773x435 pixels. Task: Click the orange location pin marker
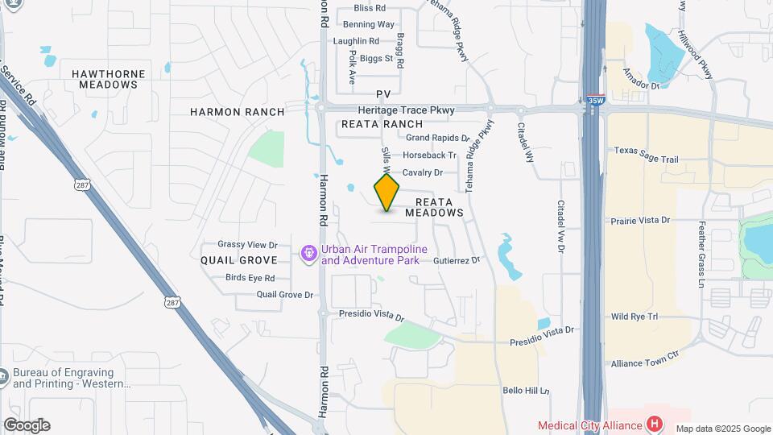[387, 193]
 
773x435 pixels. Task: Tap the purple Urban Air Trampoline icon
[308, 255]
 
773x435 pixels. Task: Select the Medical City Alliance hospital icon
[655, 424]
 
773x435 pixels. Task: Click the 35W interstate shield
[595, 101]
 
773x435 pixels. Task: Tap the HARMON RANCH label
[237, 112]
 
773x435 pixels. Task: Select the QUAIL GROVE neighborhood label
[239, 260]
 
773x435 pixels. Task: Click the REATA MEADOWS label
[434, 207]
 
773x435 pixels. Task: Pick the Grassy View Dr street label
[247, 244]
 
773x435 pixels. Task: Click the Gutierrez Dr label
[456, 261]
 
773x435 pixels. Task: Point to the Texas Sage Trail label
[647, 150]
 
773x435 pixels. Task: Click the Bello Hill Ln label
[525, 391]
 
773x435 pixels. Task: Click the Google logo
[27, 425]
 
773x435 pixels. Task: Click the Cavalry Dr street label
[423, 172]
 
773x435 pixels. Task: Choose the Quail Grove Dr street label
[284, 295]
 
